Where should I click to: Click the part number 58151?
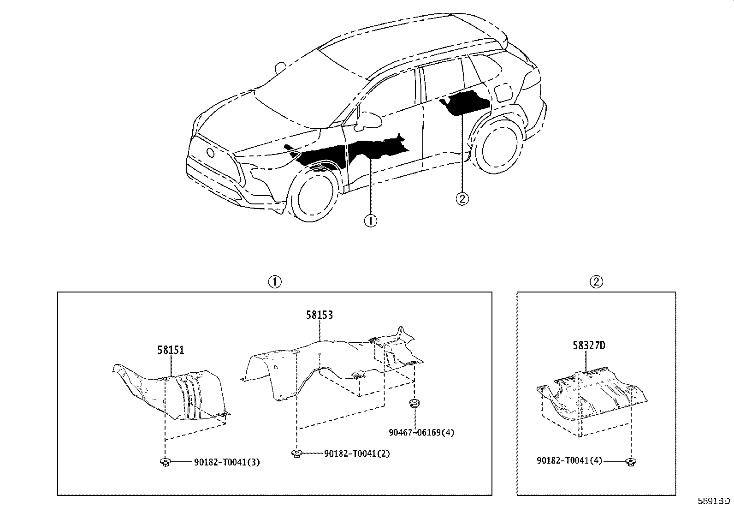(171, 350)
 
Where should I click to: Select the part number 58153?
(320, 315)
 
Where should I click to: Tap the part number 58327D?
(589, 346)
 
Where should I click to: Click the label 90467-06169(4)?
(421, 433)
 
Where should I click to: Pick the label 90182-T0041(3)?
(227, 462)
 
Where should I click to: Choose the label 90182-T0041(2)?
(357, 453)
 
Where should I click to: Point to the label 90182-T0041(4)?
(569, 461)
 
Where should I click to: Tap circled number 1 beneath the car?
(371, 221)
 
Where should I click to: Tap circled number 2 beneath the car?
(462, 199)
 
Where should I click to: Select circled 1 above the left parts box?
(275, 282)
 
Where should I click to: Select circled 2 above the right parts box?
(596, 282)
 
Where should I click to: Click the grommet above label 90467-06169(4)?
(414, 403)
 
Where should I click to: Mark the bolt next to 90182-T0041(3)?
(166, 462)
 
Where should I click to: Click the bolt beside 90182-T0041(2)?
(296, 453)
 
